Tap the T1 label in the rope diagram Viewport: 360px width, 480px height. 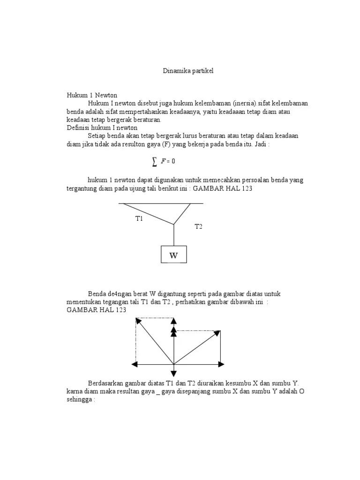(139, 218)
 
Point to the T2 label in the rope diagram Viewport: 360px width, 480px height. (198, 226)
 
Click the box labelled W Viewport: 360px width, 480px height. (174, 255)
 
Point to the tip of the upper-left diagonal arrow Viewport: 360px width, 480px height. (138, 321)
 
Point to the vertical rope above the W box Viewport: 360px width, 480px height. (174, 235)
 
